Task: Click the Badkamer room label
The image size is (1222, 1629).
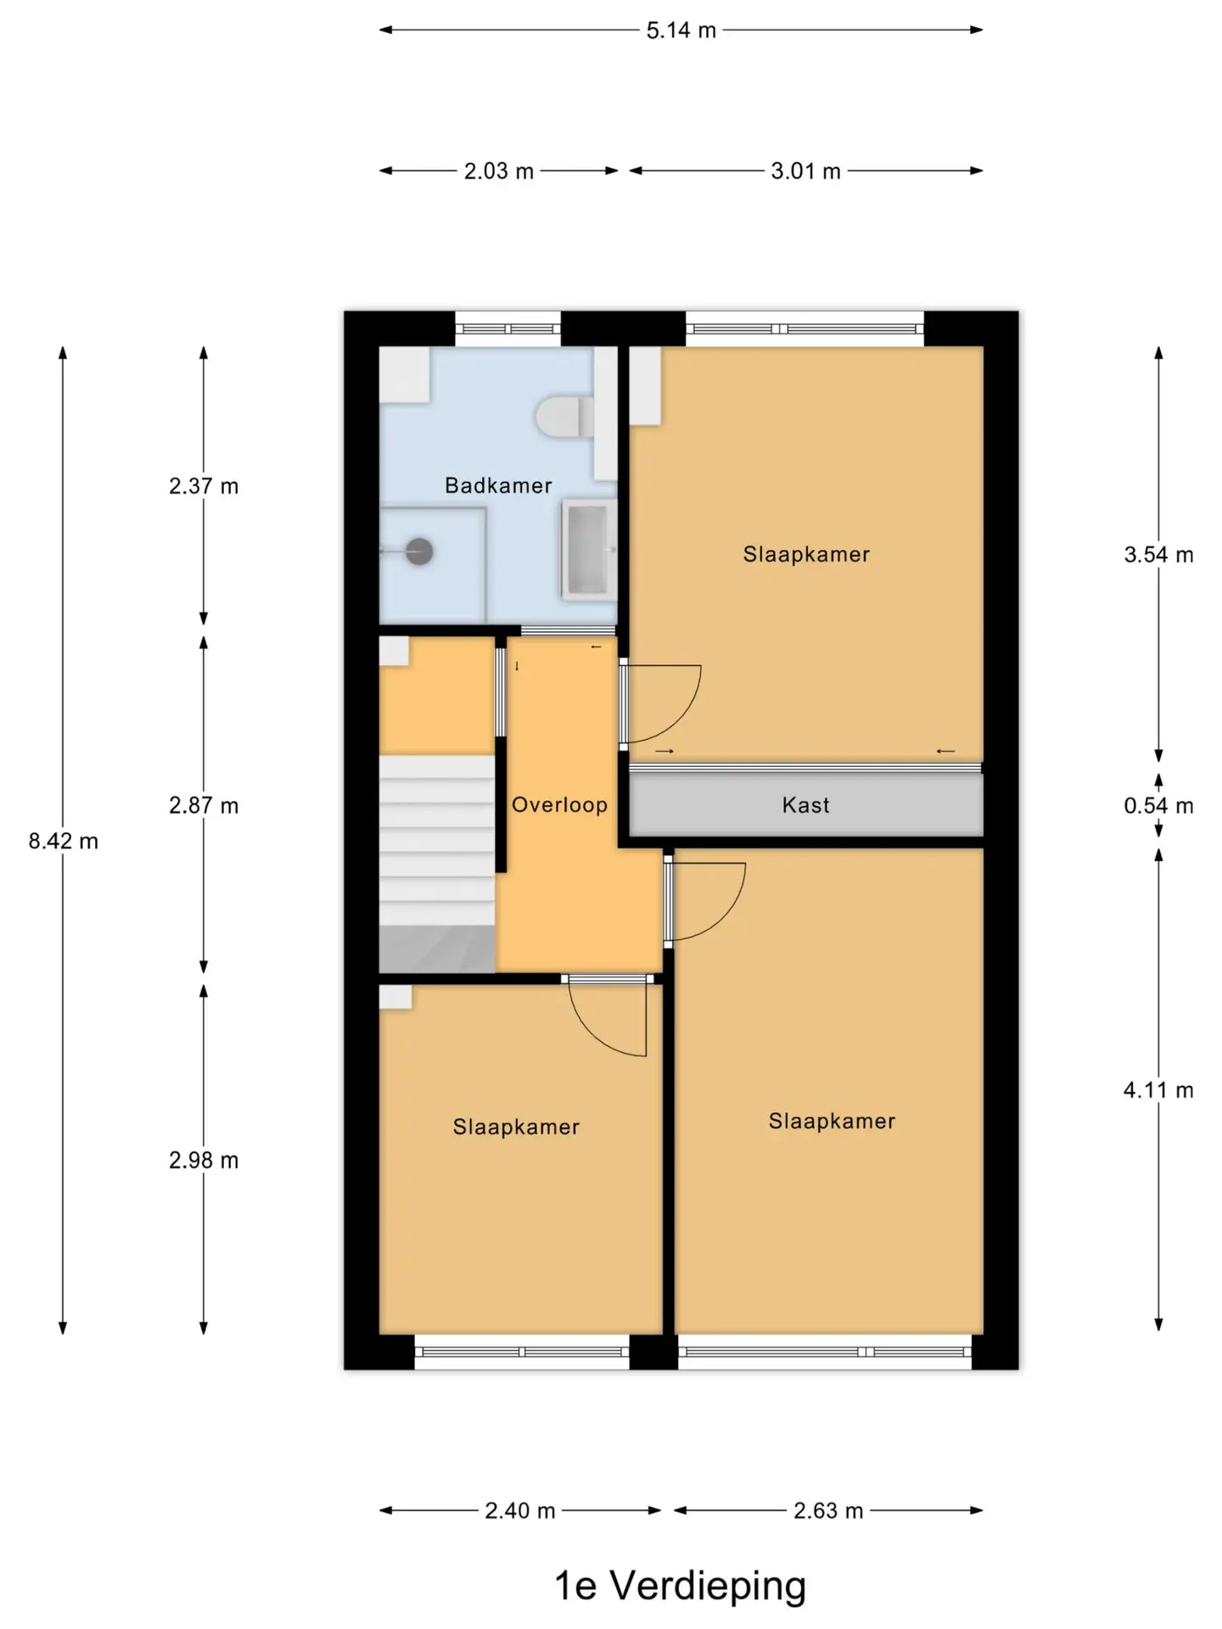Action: (x=498, y=485)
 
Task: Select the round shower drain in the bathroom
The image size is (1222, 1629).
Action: (x=419, y=551)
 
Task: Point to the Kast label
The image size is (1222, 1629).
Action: (x=805, y=805)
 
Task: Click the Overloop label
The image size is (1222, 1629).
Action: (x=559, y=804)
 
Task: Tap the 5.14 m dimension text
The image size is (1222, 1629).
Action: (x=681, y=31)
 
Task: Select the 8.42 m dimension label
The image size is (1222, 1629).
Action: (x=64, y=841)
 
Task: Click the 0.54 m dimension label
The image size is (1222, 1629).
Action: (x=1158, y=805)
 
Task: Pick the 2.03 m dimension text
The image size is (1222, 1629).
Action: (x=498, y=171)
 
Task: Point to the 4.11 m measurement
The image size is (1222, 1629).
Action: (x=1158, y=1090)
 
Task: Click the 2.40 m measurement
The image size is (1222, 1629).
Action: (x=519, y=1511)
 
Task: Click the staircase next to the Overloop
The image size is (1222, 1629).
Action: (x=436, y=864)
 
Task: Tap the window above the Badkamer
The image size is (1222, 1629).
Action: (x=507, y=328)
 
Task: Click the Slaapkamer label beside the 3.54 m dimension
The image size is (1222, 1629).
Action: (x=806, y=554)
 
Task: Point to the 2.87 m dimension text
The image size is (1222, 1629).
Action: (x=204, y=805)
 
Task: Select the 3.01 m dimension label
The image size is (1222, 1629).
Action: (x=805, y=171)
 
